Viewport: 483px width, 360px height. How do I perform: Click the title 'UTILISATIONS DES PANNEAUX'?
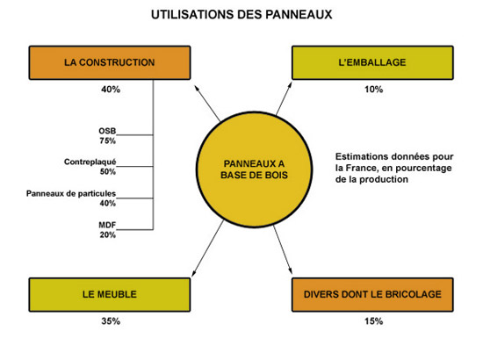(241, 14)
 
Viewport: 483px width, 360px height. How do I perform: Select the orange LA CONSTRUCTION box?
(110, 63)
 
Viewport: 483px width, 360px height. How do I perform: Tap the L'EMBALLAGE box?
(372, 63)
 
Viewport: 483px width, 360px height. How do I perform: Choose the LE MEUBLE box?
(110, 295)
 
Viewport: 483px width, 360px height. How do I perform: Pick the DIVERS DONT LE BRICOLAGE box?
(372, 295)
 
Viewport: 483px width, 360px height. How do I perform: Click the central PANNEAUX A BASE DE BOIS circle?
(254, 169)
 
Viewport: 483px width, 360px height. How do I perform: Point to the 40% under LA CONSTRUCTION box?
(111, 90)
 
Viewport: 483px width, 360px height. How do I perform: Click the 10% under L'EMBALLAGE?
(373, 90)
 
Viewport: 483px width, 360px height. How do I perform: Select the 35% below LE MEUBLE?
(111, 321)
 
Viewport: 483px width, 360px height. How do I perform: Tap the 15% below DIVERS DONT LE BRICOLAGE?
(373, 321)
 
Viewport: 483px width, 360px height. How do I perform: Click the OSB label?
(107, 131)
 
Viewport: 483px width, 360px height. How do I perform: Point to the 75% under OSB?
(107, 140)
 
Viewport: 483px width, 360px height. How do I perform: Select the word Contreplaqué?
(90, 162)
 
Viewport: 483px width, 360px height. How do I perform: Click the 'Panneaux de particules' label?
(71, 194)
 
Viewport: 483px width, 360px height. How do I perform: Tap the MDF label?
(107, 225)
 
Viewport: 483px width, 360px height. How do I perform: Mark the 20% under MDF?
(107, 235)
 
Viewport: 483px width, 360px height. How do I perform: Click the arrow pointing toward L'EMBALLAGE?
(284, 98)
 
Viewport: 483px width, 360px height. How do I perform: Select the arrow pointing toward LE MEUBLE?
(207, 248)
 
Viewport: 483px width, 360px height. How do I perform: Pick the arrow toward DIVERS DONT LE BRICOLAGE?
(283, 249)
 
